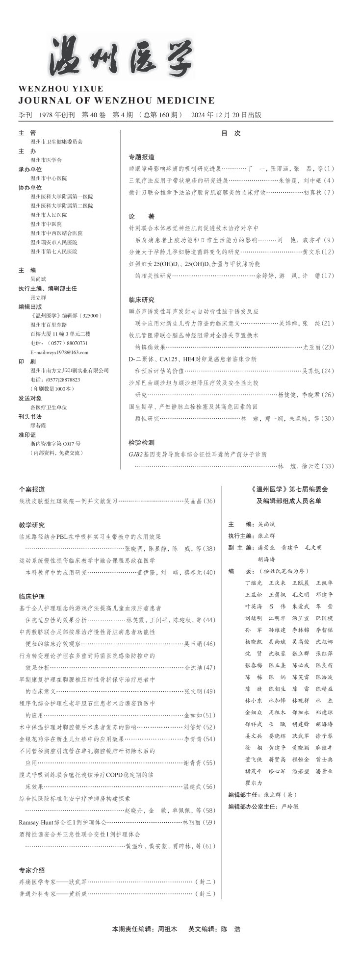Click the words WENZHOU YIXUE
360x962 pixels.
coord(61,89)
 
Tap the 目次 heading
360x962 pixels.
coord(231,133)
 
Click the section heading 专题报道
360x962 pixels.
coord(141,157)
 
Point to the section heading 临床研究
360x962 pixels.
coord(141,300)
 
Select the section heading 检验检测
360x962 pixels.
coord(141,442)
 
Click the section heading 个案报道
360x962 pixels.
coord(32,489)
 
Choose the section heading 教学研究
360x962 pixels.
coord(32,525)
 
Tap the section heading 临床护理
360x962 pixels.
coord(32,596)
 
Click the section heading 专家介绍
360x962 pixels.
coord(32,870)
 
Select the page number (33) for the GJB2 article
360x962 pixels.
coord(327,466)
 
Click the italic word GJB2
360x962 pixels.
coord(135,455)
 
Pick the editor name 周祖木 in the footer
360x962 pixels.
coord(167,929)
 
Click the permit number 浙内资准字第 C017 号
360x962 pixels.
coord(55,443)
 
